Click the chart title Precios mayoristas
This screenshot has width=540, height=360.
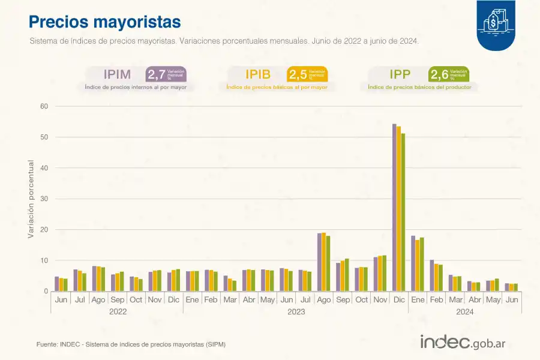tap(105, 22)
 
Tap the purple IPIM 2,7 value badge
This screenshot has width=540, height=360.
tap(166, 74)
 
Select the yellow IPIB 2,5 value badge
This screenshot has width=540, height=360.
tap(307, 74)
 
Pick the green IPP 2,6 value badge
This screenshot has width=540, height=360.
tap(448, 74)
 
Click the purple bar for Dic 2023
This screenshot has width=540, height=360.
tap(394, 208)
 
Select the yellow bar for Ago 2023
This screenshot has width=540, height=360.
tap(324, 262)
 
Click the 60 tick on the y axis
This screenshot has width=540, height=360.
tap(44, 106)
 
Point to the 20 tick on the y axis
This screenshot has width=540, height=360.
tap(44, 230)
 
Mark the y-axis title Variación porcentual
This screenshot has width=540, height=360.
tap(31, 199)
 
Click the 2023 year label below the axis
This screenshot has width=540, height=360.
tap(296, 311)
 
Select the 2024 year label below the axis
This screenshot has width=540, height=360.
tap(465, 311)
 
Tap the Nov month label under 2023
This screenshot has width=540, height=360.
tap(380, 299)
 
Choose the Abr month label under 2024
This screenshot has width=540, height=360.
tap(475, 299)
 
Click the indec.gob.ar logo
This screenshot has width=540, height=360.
tap(463, 343)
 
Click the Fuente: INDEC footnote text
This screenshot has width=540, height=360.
tap(131, 344)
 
